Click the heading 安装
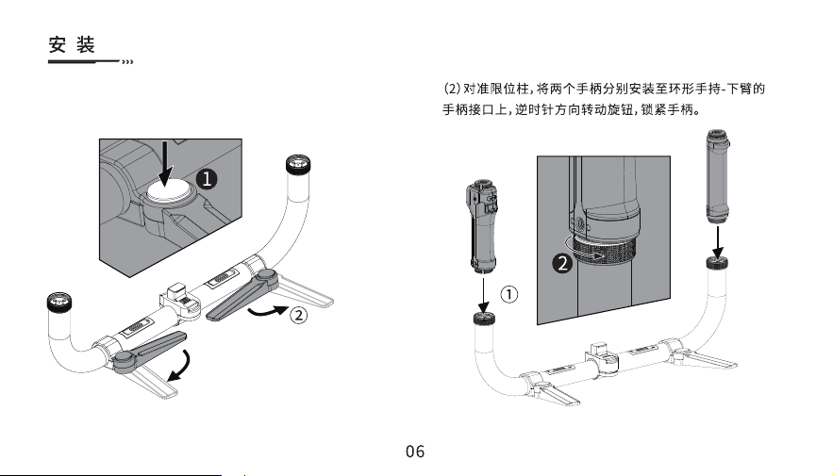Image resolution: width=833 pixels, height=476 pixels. point(72,44)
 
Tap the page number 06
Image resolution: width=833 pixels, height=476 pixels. point(415,451)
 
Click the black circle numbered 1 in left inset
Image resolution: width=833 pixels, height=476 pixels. point(207,179)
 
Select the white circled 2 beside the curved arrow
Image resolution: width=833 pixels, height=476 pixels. point(298,315)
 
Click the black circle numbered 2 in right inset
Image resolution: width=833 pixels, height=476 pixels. point(562,263)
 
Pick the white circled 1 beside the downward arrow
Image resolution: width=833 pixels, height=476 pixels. point(508,294)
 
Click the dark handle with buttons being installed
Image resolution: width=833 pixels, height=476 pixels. point(482,226)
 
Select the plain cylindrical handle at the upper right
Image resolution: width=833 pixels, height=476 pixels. point(718,176)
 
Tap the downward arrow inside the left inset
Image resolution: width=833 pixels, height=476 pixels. point(166,163)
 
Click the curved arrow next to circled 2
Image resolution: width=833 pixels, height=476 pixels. point(268,311)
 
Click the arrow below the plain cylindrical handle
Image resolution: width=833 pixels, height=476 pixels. point(718,243)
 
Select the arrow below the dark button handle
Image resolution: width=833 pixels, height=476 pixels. point(483,295)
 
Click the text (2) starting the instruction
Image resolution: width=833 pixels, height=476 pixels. point(452,88)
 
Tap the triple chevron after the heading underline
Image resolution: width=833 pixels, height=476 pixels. point(127,62)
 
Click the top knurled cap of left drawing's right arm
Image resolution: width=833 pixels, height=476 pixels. point(298,165)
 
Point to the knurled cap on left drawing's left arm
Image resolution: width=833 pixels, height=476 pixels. point(59,302)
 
